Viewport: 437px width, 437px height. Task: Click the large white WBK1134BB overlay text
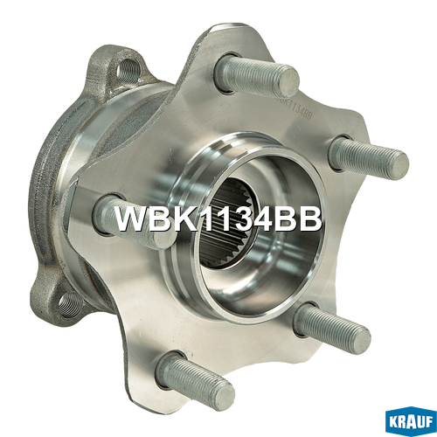[x=218, y=219]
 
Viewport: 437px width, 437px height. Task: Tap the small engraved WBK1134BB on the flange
[x=295, y=108]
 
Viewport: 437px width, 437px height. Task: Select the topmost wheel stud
[x=256, y=76]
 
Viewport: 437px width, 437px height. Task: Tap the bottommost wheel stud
[x=195, y=378]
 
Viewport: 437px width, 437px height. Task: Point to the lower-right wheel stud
[x=332, y=328]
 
